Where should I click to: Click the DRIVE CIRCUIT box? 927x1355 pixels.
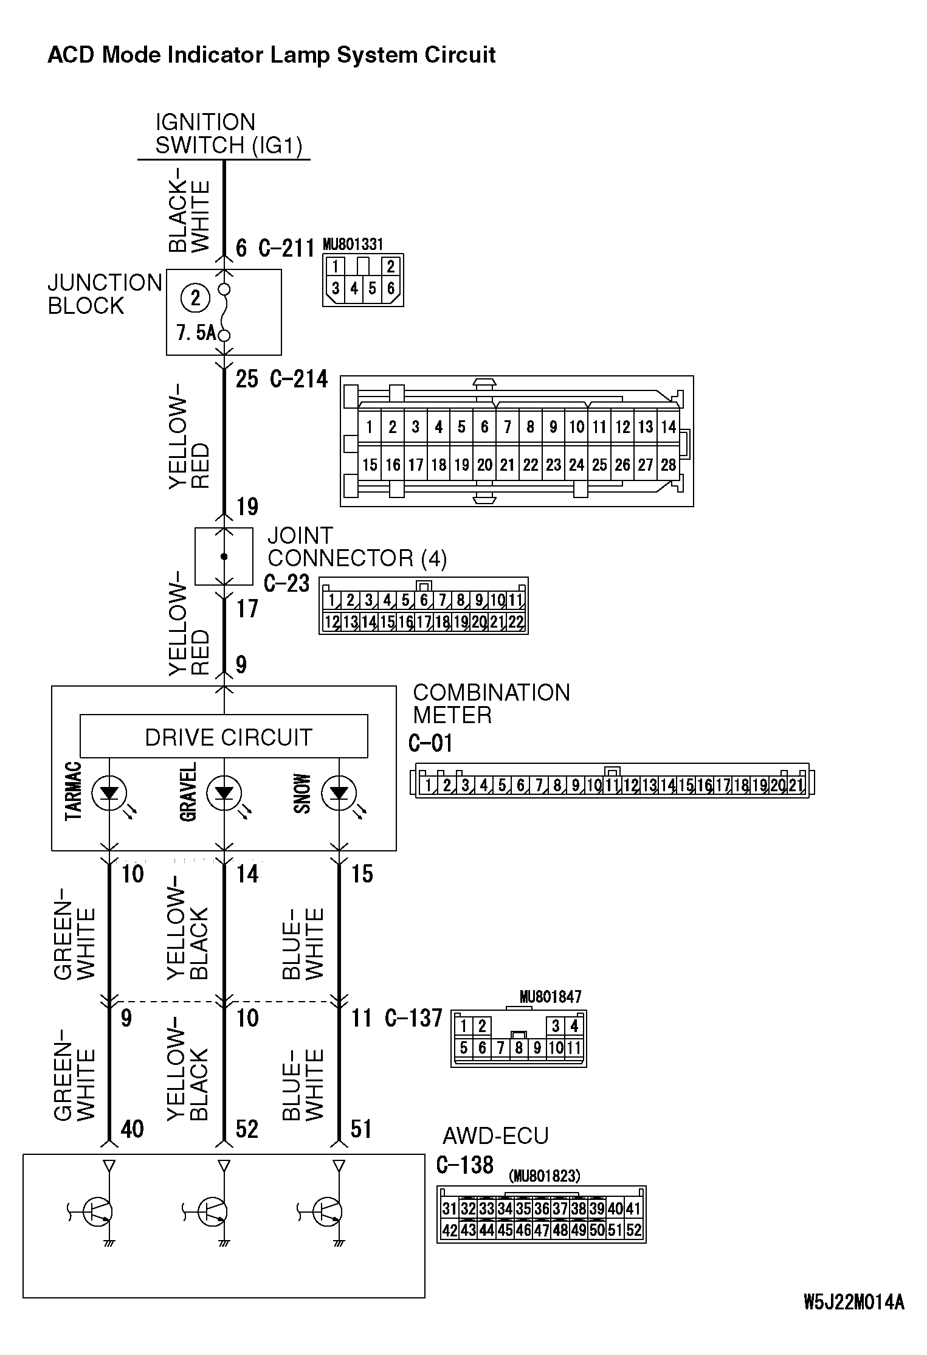pyautogui.click(x=224, y=736)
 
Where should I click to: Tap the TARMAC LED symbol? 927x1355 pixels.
pyautogui.click(x=109, y=793)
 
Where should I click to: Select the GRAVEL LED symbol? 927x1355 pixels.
pyautogui.click(x=224, y=793)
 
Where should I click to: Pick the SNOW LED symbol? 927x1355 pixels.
pyautogui.click(x=339, y=793)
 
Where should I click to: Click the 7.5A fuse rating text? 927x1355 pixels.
pyautogui.click(x=196, y=333)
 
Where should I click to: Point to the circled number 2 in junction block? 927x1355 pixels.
pyautogui.click(x=195, y=298)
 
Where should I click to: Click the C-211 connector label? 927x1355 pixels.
pyautogui.click(x=286, y=248)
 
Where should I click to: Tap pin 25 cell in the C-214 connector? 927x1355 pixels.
pyautogui.click(x=599, y=465)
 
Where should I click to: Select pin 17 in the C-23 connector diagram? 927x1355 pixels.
pyautogui.click(x=424, y=622)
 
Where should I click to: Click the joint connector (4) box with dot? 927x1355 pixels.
pyautogui.click(x=224, y=556)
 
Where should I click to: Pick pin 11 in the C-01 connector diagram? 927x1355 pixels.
pyautogui.click(x=612, y=785)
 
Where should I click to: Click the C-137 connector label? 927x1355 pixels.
pyautogui.click(x=413, y=1017)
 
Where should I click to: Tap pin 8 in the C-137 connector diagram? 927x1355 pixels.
pyautogui.click(x=519, y=1048)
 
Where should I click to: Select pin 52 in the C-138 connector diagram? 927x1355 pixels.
pyautogui.click(x=633, y=1230)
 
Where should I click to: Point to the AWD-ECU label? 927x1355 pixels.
pyautogui.click(x=495, y=1135)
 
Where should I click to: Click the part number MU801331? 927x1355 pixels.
pyautogui.click(x=353, y=244)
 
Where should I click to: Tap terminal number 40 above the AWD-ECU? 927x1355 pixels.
pyautogui.click(x=132, y=1129)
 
